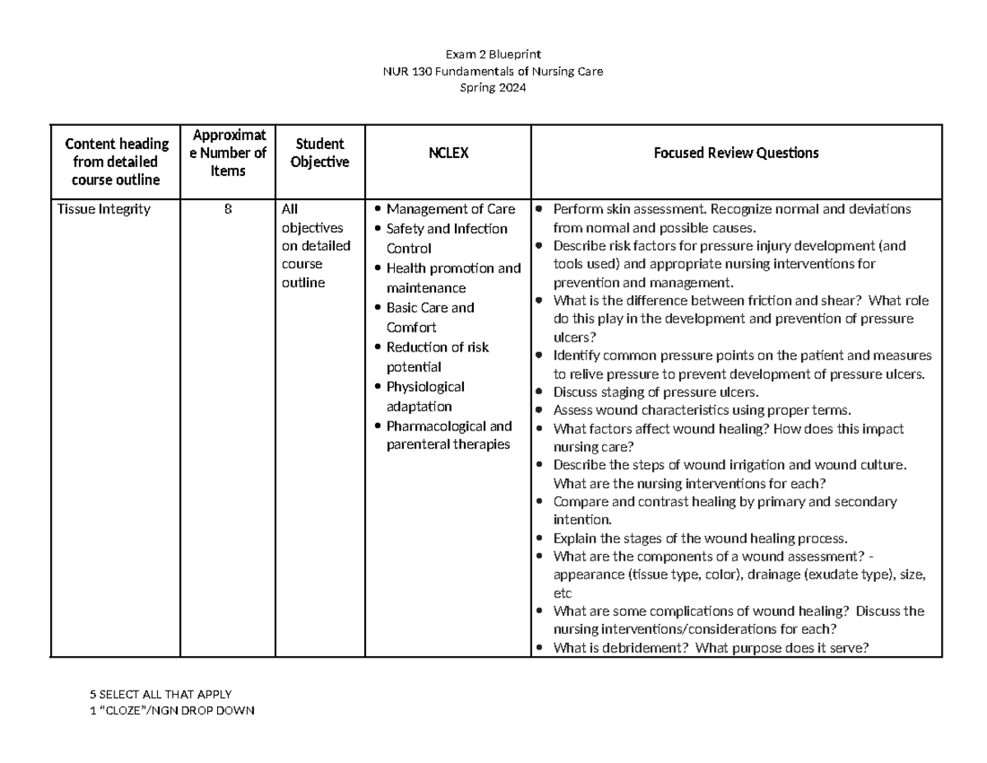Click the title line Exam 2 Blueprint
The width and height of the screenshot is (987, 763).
493,54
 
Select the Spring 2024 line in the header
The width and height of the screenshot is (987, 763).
493,88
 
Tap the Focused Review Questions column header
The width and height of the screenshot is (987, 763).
735,153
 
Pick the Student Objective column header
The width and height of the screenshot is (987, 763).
319,153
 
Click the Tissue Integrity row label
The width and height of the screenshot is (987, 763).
104,209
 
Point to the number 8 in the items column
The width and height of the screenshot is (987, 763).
228,209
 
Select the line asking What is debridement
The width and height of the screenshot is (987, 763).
711,648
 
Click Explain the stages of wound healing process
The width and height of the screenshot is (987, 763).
699,538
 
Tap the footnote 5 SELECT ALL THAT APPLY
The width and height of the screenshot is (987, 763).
161,694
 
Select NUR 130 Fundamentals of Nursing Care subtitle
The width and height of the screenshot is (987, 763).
493,72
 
